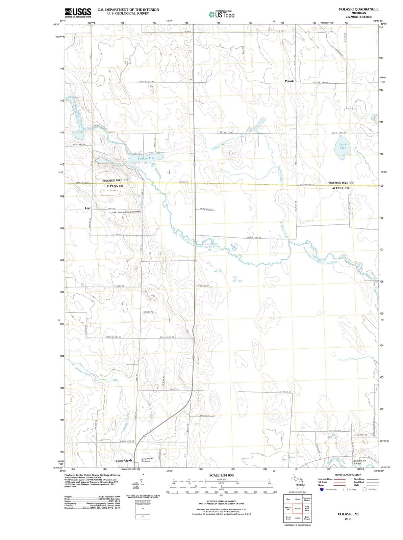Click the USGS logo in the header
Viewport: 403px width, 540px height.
point(78,12)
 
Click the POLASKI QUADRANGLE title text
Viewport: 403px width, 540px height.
point(358,9)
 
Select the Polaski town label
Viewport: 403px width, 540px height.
point(290,81)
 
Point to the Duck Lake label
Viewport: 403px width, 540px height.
point(343,146)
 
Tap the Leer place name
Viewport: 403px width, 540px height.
point(88,208)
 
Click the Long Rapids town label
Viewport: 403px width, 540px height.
point(124,461)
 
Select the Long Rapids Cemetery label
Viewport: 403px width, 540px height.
point(148,460)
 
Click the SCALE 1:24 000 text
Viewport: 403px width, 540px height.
point(221,475)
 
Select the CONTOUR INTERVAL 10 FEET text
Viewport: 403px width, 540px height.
point(221,502)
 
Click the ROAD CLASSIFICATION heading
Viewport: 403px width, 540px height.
point(348,475)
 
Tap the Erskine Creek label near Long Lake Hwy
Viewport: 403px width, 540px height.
point(219,146)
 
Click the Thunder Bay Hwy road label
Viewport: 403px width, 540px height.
point(146,82)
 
